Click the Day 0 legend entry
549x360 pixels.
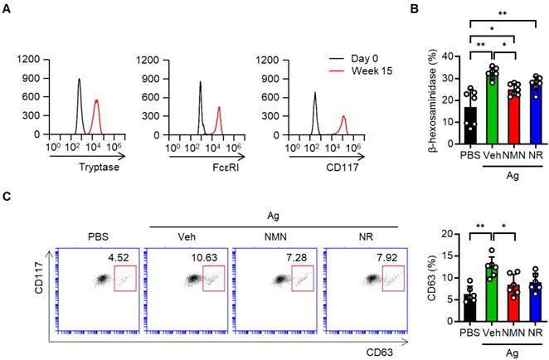(352, 61)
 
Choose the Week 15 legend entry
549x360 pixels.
(357, 74)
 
